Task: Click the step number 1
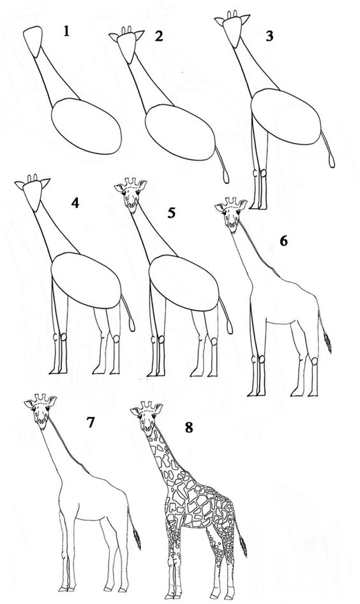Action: (66, 31)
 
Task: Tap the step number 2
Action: (159, 36)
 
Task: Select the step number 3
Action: (269, 36)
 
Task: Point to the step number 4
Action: (75, 202)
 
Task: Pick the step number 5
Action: (171, 212)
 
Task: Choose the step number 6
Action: (283, 241)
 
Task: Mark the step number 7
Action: (91, 422)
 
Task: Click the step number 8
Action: (189, 427)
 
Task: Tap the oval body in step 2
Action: (180, 132)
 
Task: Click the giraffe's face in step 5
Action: (131, 195)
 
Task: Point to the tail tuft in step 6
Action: (327, 342)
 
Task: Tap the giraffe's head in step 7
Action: (40, 411)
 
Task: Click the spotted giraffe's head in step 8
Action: (147, 418)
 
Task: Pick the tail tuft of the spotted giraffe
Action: (243, 547)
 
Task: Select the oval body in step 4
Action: (86, 280)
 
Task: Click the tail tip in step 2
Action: (226, 177)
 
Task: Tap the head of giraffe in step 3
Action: (232, 28)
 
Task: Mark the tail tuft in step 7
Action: (137, 539)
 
